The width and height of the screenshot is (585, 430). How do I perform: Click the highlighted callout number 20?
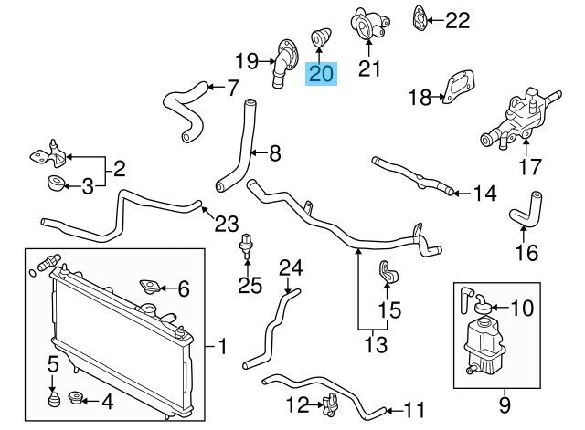pyautogui.click(x=322, y=73)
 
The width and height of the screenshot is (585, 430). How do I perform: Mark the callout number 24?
pyautogui.click(x=290, y=268)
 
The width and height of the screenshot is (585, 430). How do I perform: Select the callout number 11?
pyautogui.click(x=415, y=409)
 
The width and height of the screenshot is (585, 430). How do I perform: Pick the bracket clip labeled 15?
pyautogui.click(x=386, y=271)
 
